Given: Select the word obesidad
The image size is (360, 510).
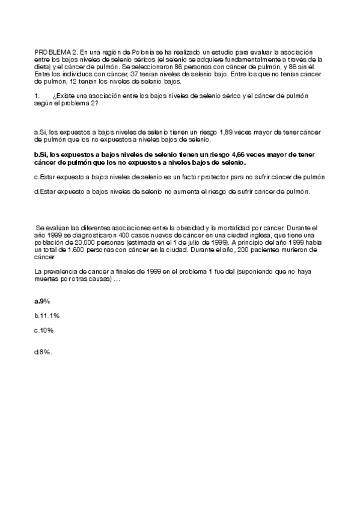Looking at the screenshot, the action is tap(184, 228).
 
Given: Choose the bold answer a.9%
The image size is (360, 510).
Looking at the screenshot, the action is tap(42, 300).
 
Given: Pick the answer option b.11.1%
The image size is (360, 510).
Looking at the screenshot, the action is tap(47, 315).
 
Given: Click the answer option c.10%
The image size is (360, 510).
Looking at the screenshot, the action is tap(44, 330).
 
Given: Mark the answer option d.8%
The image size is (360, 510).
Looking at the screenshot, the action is tap(43, 352).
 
